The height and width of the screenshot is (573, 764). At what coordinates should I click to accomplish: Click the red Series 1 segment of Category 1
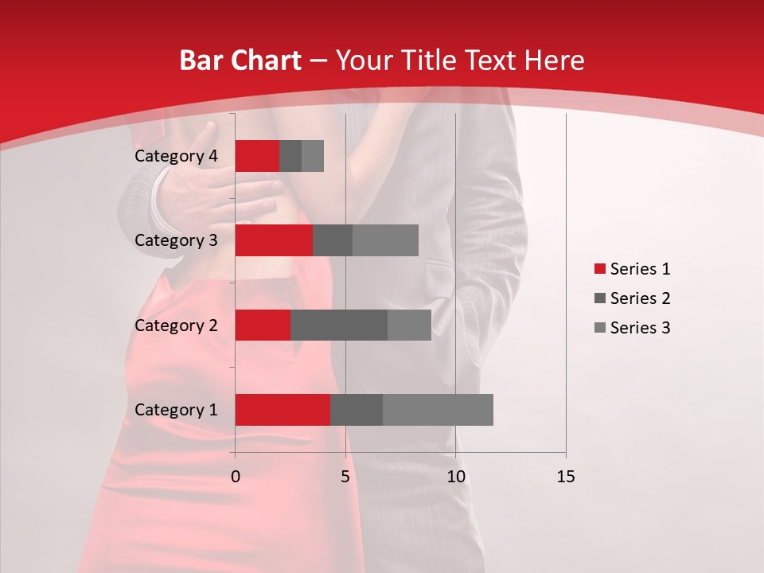coord(283,409)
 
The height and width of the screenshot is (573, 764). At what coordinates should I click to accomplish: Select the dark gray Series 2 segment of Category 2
coord(339,325)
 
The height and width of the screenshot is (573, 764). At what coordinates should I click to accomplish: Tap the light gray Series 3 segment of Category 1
coord(438,409)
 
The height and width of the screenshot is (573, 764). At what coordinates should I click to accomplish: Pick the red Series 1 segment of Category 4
coord(257,155)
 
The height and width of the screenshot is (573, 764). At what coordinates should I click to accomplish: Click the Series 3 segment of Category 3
coord(385,240)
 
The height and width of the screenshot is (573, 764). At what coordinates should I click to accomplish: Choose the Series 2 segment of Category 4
coord(290,155)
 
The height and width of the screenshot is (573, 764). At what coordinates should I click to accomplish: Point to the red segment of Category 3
coord(274,240)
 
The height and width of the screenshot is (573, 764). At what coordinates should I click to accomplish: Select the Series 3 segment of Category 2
coord(409,325)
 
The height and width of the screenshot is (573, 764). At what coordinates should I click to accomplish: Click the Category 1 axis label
coord(176,410)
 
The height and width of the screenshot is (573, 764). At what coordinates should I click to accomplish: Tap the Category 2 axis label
coord(176,325)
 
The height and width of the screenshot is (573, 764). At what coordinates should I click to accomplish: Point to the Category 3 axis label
coord(176,240)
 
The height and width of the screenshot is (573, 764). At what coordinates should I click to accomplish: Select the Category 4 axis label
coord(176,156)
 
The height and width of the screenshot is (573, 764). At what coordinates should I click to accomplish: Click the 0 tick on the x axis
coord(235,477)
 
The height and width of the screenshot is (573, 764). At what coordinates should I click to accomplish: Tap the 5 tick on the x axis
coord(345,477)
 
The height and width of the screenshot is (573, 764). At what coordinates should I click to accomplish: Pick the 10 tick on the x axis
coord(455,477)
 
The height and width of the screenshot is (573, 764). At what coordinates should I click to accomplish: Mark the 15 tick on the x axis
coord(566,477)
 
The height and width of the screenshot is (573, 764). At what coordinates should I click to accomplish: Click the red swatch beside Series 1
coord(599,269)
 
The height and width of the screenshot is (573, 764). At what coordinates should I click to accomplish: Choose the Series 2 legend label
coord(640,298)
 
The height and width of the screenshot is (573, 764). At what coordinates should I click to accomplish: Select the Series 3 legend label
coord(640,328)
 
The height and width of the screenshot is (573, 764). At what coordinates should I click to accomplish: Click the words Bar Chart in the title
coord(240,60)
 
